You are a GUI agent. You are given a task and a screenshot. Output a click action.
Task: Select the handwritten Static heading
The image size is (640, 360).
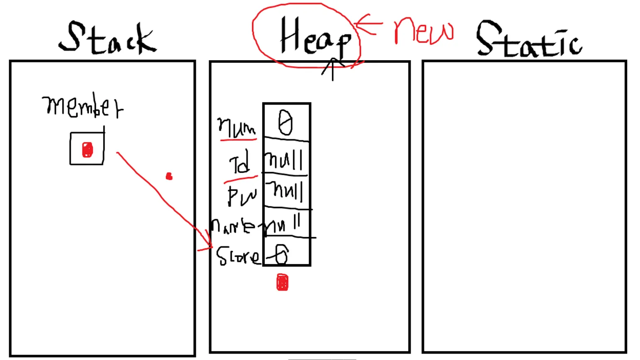(529, 39)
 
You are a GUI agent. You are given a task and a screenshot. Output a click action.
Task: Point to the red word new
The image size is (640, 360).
(423, 31)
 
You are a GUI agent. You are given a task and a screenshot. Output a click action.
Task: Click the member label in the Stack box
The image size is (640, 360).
(82, 106)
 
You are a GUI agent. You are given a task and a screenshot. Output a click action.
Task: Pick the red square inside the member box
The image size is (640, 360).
(87, 150)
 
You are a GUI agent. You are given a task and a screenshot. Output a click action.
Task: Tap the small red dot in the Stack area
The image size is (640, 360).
(169, 177)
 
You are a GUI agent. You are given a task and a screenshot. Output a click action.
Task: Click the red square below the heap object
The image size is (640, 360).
(282, 282)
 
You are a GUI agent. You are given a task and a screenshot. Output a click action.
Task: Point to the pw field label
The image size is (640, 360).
(242, 195)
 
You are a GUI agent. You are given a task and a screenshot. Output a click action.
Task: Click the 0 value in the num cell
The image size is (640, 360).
(285, 123)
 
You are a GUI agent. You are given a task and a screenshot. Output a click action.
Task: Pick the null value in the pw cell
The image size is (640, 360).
(287, 191)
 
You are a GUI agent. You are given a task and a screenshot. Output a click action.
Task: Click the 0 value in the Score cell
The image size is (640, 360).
(282, 254)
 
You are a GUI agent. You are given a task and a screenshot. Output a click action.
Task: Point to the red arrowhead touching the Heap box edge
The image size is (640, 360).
(207, 245)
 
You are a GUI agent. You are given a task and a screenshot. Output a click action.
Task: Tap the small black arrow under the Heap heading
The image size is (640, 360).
(332, 68)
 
